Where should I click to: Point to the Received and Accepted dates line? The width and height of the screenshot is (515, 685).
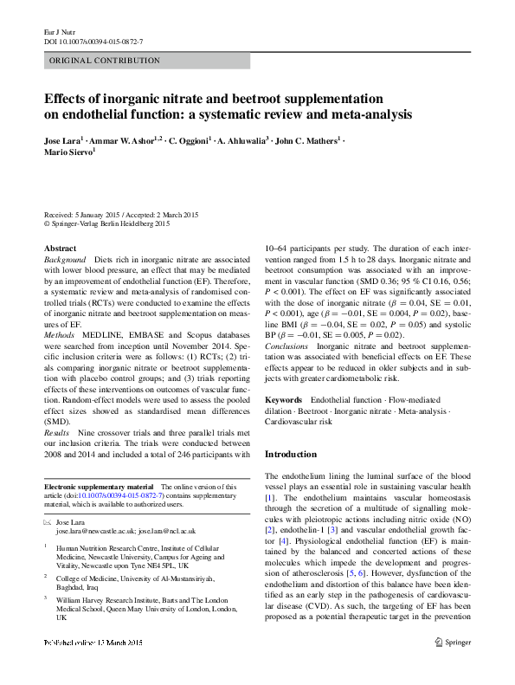pos(130,213)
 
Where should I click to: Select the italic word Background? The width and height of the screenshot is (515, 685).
pos(65,260)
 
